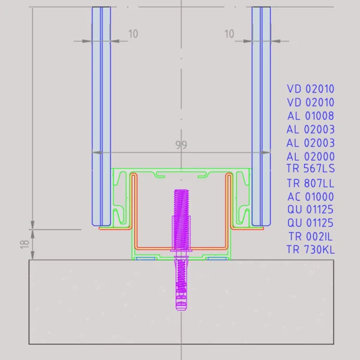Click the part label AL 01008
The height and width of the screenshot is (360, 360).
pyautogui.click(x=310, y=116)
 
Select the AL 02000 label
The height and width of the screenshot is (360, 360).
pyautogui.click(x=310, y=156)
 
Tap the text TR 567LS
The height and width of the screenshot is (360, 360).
pyautogui.click(x=310, y=169)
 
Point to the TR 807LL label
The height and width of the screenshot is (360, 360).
pyautogui.click(x=310, y=183)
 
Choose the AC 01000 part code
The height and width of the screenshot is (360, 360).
pyautogui.click(x=310, y=196)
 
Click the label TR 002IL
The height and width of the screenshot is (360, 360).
pyautogui.click(x=310, y=236)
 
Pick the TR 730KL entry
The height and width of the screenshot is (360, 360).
pyautogui.click(x=310, y=250)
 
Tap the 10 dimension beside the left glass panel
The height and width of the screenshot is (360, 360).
pyautogui.click(x=133, y=34)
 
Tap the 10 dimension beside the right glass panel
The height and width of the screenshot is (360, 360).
pyautogui.click(x=229, y=34)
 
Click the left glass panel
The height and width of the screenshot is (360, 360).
pyautogui.click(x=101, y=114)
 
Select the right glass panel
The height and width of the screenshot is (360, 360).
pyautogui.click(x=261, y=114)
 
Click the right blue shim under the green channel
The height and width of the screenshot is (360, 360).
pyautogui.click(x=217, y=259)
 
